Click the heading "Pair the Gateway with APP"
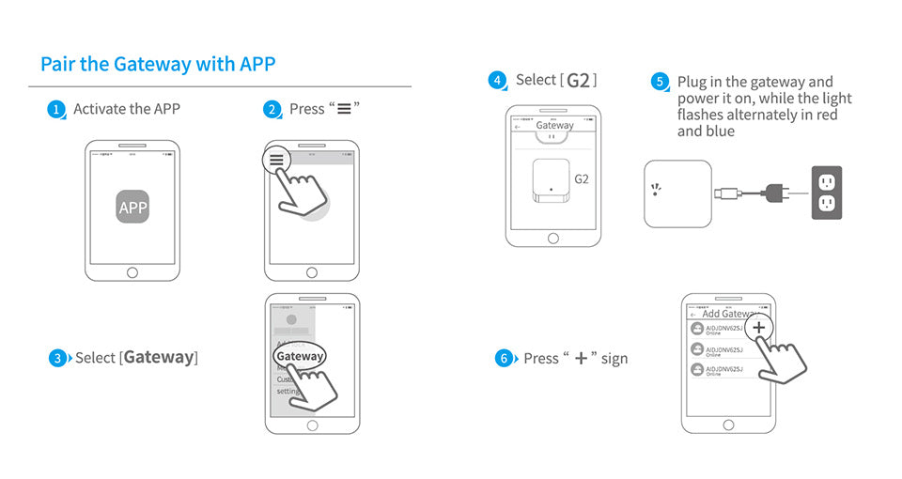pos(158,65)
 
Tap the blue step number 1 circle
pos(56,110)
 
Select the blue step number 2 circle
pos(272,110)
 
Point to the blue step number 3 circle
pos(58,358)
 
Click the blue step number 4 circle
pos(498,81)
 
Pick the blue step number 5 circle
pos(660,83)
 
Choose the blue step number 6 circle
pos(505,359)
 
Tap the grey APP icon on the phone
pos(132,207)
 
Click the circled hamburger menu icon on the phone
pos(276,161)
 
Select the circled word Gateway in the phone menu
pos(300,356)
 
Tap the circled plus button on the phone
pos(759,328)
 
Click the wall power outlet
pos(826,193)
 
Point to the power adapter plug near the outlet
pos(779,193)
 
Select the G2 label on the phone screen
pos(581,178)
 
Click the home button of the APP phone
pos(132,272)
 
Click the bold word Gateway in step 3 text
pos(159,358)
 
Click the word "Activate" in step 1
pos(100,109)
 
